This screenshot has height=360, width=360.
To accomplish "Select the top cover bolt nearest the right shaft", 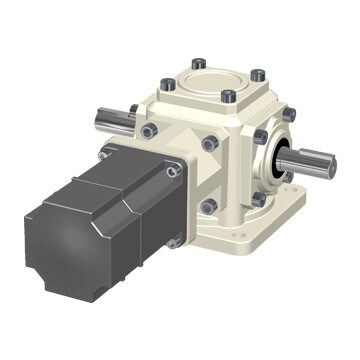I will point(258,75).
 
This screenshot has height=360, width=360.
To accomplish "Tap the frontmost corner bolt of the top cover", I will point(228,97).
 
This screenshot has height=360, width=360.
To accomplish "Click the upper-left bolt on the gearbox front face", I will point(150,131).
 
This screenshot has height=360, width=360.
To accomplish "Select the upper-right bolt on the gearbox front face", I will point(209,144).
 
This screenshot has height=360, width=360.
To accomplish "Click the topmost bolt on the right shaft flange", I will point(262,136).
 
